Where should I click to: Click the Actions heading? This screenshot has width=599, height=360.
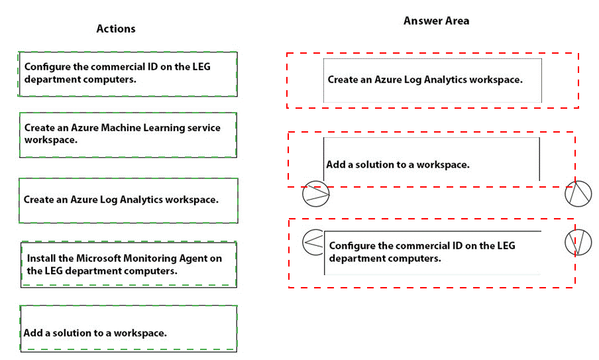116,29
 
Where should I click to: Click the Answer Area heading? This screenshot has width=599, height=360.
436,21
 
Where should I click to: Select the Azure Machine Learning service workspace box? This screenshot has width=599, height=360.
128,135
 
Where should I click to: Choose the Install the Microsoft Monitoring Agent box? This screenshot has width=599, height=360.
128,265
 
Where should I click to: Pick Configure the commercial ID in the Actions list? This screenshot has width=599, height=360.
128,74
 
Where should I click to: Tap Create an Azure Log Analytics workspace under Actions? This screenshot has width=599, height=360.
128,200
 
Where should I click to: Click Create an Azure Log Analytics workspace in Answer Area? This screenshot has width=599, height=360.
432,80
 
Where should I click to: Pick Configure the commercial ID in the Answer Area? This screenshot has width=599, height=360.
432,252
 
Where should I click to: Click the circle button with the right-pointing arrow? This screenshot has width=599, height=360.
315,194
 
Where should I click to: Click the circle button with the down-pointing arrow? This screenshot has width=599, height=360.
578,243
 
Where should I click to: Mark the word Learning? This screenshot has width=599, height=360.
170,127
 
